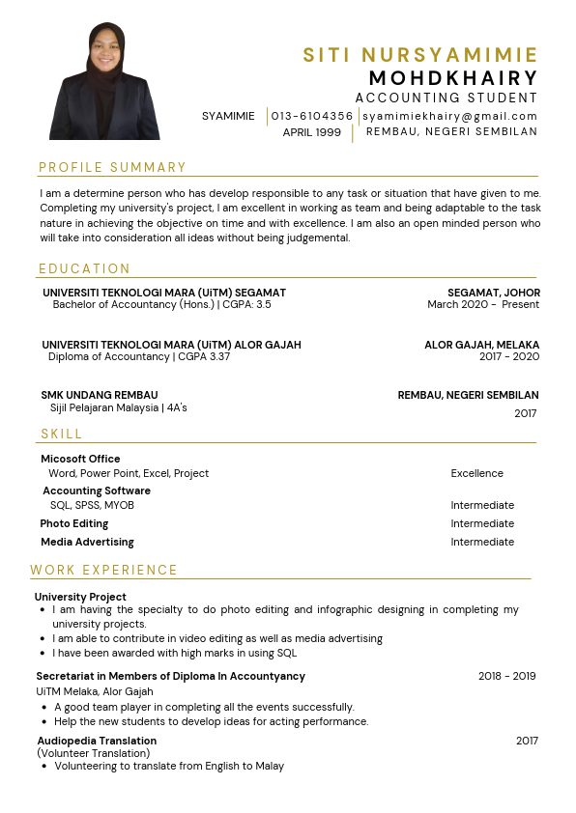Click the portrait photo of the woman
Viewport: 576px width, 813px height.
tap(103, 82)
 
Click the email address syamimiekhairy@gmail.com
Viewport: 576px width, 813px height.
tap(450, 116)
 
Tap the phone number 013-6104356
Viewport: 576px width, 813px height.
tap(312, 116)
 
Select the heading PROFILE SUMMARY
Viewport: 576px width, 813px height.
tap(113, 168)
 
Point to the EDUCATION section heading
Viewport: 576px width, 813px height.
tap(85, 269)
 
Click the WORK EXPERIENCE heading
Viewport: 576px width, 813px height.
tap(104, 571)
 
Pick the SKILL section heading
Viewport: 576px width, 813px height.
tap(62, 435)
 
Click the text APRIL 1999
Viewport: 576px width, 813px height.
tap(311, 132)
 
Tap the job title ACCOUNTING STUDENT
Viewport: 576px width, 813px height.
tap(446, 98)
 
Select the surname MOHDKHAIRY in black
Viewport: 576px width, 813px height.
tap(453, 77)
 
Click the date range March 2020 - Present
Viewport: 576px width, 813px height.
tap(483, 305)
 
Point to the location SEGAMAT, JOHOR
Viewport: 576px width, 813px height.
tap(494, 293)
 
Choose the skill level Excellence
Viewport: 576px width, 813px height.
tap(476, 474)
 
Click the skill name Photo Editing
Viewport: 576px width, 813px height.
tap(74, 523)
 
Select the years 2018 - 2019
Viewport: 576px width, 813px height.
tap(506, 676)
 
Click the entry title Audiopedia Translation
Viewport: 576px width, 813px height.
tap(97, 741)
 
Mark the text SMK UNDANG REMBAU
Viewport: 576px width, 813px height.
tap(99, 395)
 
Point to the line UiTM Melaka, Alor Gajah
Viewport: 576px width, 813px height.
tap(95, 691)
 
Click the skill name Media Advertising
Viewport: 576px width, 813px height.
tap(87, 542)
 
